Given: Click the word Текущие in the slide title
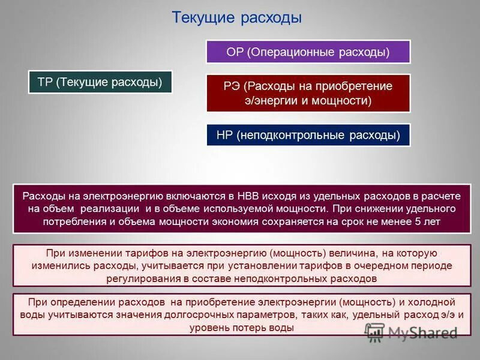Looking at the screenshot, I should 203,17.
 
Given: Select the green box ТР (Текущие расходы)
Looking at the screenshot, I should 100,82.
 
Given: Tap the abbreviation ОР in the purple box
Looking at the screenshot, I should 235,52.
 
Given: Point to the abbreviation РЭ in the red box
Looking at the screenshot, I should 232,86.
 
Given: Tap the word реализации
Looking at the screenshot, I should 116,209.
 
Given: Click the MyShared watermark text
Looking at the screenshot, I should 423,333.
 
